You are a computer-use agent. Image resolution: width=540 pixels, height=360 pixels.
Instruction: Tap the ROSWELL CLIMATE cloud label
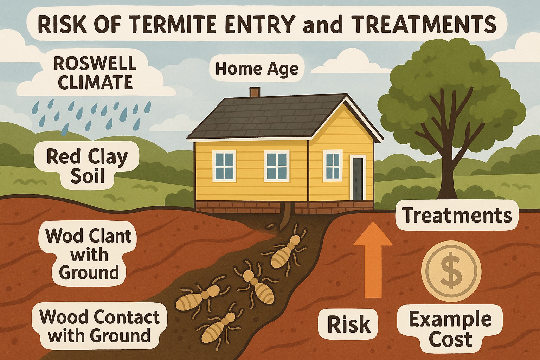pyautogui.click(x=95, y=73)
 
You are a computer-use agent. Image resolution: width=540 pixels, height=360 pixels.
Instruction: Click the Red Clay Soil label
pyautogui.click(x=87, y=165)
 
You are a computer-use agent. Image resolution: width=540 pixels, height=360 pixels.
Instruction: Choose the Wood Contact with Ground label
pyautogui.click(x=99, y=326)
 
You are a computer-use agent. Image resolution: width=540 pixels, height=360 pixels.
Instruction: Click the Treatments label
pyautogui.click(x=457, y=215)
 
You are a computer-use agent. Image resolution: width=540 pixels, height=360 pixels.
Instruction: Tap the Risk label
pyautogui.click(x=349, y=324)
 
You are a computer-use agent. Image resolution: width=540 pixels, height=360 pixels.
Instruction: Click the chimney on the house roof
pyautogui.click(x=255, y=92)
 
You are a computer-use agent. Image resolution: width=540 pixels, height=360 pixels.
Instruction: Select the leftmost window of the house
pyautogui.click(x=224, y=166)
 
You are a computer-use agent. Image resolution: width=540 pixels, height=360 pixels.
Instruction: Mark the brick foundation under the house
pyautogui.click(x=281, y=206)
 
